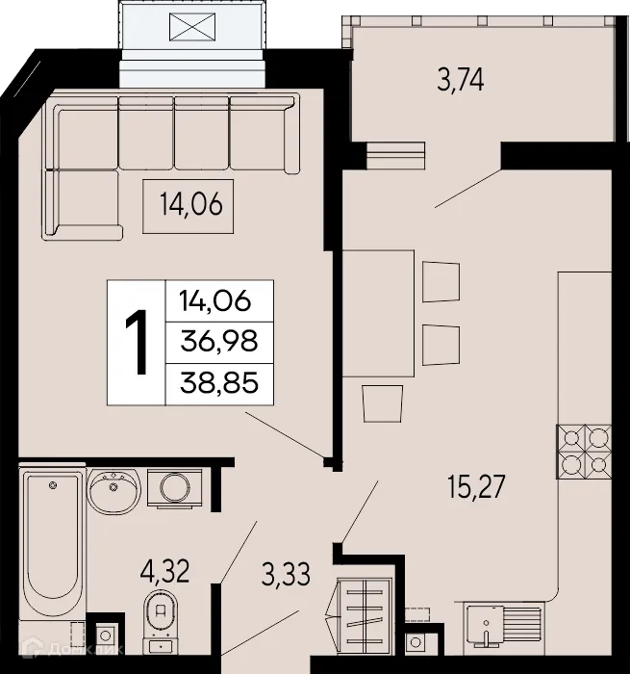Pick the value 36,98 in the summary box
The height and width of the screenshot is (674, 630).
pyautogui.click(x=219, y=342)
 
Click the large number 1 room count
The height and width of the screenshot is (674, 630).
pyautogui.click(x=137, y=343)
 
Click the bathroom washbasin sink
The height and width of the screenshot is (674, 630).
pyautogui.click(x=115, y=492)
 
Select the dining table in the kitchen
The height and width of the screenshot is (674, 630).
pyautogui.click(x=380, y=313)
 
